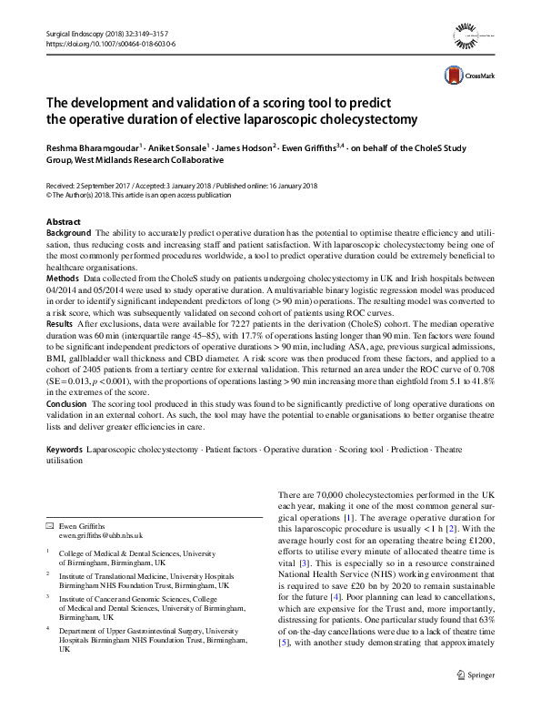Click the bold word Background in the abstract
(x=69, y=234)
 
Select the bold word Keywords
(x=65, y=450)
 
